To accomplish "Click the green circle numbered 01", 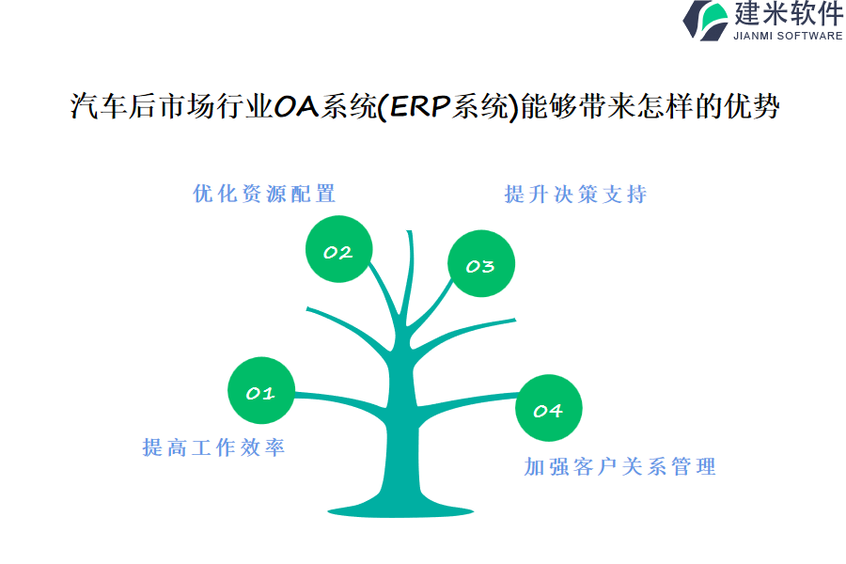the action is (261, 390).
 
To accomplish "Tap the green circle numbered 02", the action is (338, 249).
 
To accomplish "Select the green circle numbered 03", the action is (481, 263).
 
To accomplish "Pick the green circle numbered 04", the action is (549, 408).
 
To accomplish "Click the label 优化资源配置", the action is (264, 194).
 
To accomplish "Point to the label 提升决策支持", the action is (575, 195).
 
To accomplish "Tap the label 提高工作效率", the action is (213, 447).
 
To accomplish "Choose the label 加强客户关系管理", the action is (620, 467).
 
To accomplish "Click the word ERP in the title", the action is (420, 106).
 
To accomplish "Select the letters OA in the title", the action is (296, 106).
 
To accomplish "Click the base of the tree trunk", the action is (400, 510).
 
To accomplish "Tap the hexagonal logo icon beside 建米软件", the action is (706, 21).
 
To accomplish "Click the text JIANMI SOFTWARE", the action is (788, 36).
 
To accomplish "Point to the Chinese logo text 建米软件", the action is (789, 13).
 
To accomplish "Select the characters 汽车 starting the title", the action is (98, 106).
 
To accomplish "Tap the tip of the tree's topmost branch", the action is (410, 231).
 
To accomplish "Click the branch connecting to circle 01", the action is (341, 399).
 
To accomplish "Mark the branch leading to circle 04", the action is (467, 399).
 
